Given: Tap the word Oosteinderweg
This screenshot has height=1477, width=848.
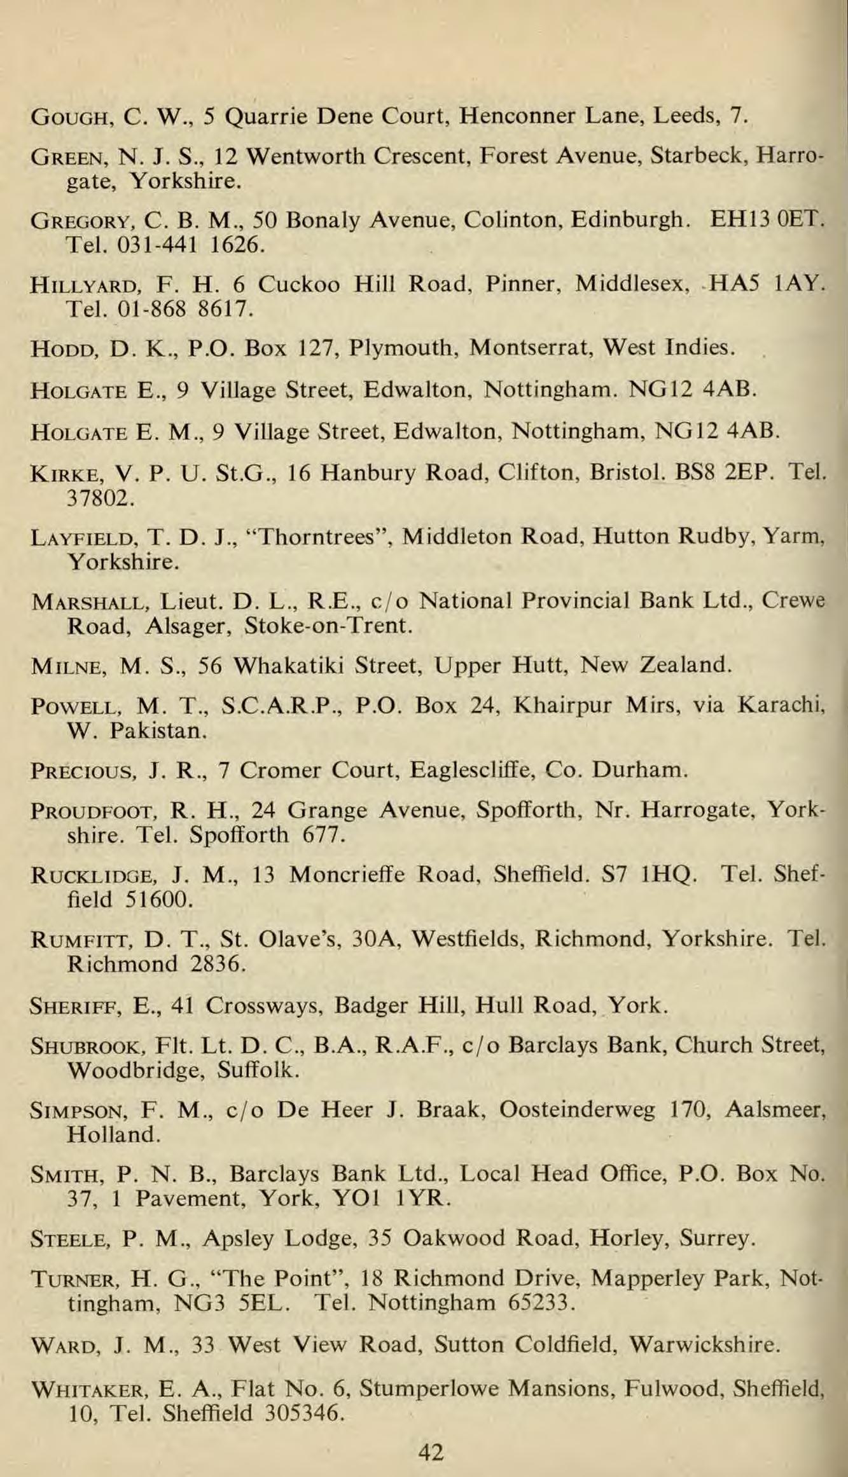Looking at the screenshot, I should pyautogui.click(x=577, y=1109).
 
